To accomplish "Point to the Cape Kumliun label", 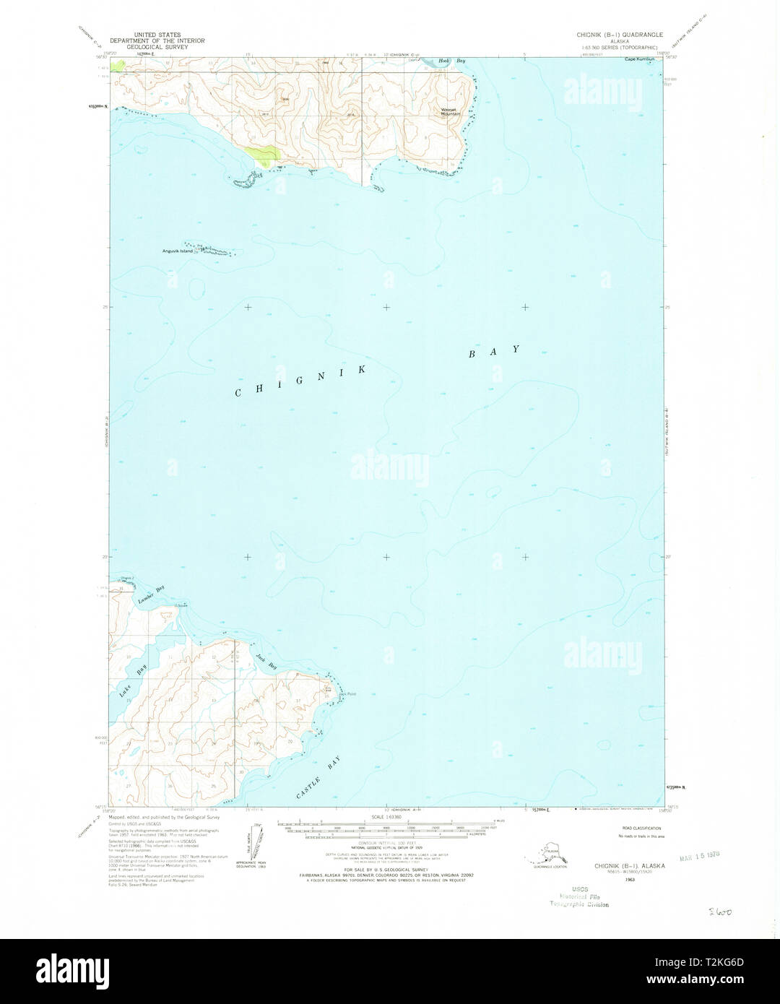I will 641,59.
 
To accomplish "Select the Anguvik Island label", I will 177,251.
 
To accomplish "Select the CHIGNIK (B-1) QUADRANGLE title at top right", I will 619,34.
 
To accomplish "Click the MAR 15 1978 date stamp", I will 700,854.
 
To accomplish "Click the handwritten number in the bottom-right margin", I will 719,912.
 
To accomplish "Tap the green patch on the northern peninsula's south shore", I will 262,152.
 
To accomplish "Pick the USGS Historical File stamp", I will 578,896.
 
